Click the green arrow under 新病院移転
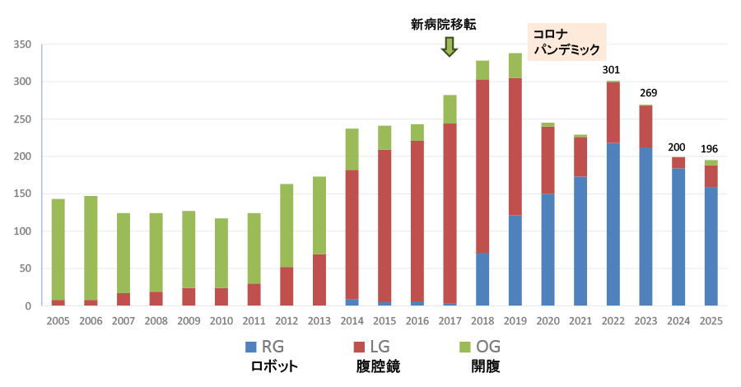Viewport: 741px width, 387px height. coord(449,47)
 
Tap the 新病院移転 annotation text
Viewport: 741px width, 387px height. coord(444,25)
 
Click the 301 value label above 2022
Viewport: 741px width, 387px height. coord(611,69)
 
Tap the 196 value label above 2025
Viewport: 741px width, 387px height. coord(710,148)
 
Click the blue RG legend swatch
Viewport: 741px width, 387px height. coord(251,346)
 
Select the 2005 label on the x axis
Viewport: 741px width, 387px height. coord(58,320)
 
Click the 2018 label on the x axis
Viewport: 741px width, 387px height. coord(482,320)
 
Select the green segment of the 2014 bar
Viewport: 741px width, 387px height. coord(352,149)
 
